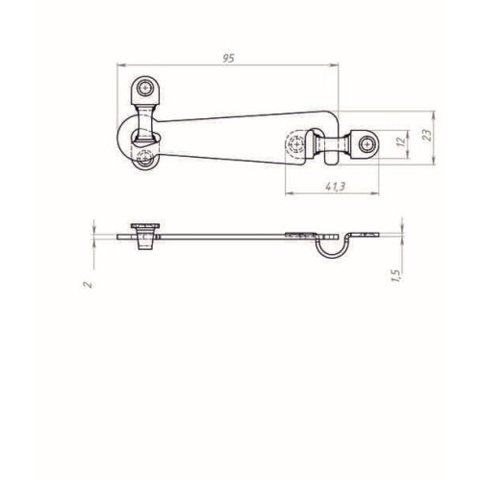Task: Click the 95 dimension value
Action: tap(229, 59)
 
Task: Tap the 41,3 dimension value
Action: tap(335, 187)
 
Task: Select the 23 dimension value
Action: tap(427, 135)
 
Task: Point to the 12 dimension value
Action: tap(401, 141)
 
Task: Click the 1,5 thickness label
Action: tap(395, 276)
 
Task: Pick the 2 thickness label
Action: tap(88, 285)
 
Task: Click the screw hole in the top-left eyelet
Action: tap(145, 88)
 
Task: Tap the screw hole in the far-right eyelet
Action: tap(367, 144)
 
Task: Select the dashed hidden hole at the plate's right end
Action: tap(296, 144)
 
